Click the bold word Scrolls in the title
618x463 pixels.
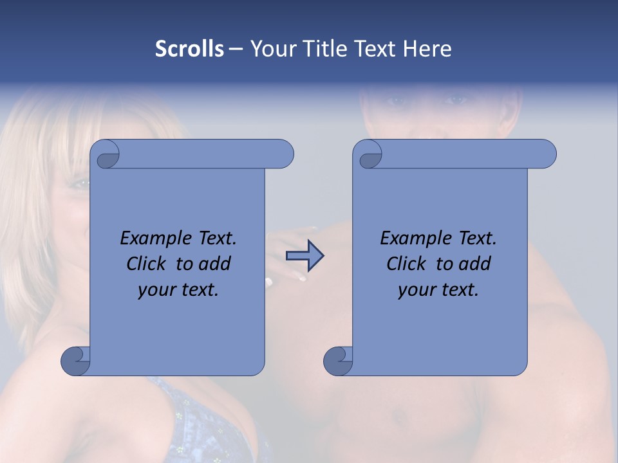tap(189, 49)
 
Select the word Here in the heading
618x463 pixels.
tap(427, 49)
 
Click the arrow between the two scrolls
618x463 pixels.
tap(304, 255)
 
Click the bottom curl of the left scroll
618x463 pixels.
tap(75, 361)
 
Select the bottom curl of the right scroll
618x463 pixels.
tap(337, 361)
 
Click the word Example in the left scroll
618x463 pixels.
tap(154, 239)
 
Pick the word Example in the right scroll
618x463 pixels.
tap(414, 239)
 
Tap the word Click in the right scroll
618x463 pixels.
tap(406, 264)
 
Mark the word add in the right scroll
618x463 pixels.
tap(475, 264)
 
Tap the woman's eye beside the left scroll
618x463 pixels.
tap(80, 184)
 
